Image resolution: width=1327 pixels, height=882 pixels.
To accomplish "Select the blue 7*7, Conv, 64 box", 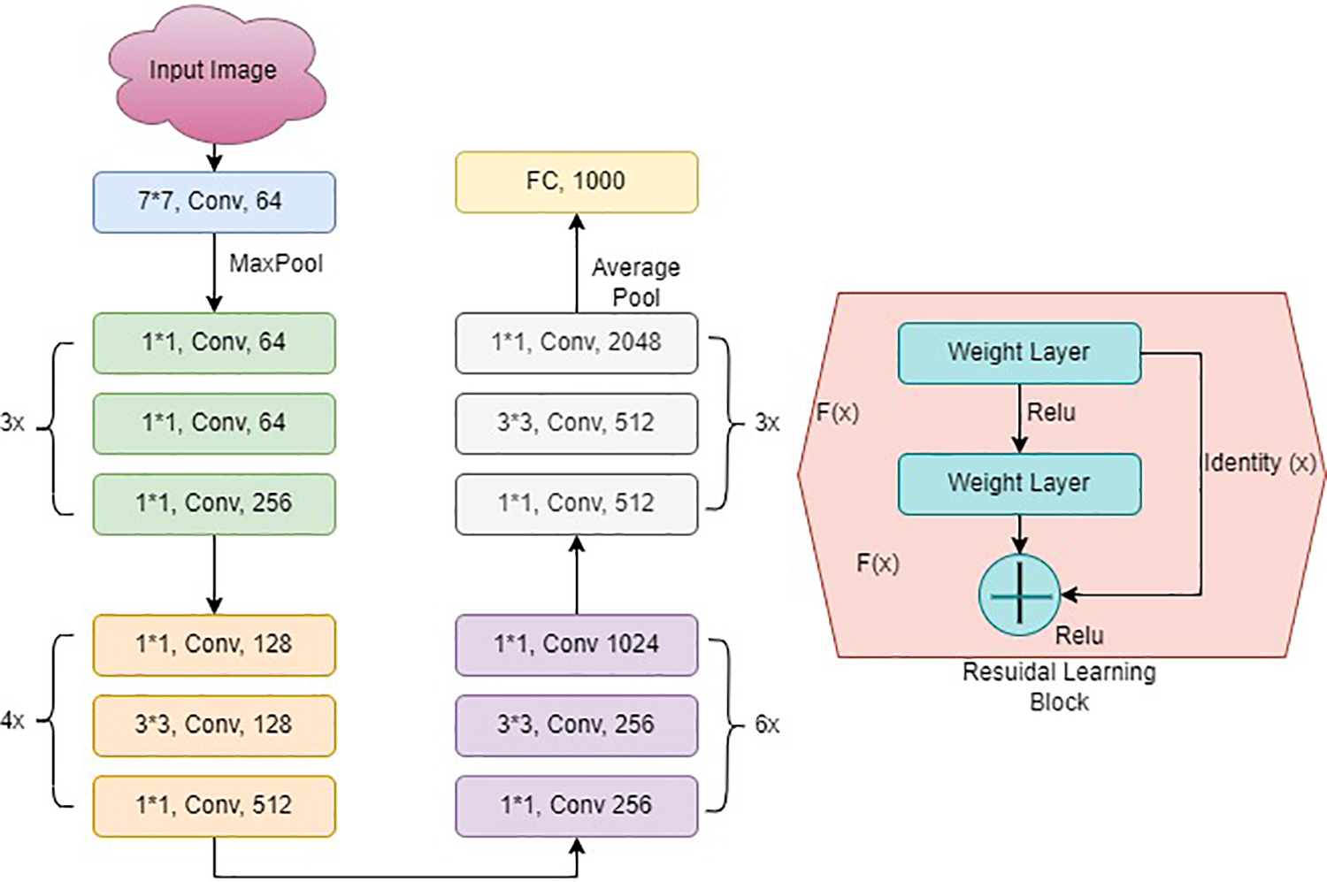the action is point(214,202).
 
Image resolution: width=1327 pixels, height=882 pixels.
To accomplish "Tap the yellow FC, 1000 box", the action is point(577,182).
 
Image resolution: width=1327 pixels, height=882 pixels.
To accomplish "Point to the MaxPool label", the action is point(276,264).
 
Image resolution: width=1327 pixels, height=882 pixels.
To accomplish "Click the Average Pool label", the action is point(636,282).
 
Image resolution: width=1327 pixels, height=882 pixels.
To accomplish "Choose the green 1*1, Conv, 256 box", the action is point(214,504).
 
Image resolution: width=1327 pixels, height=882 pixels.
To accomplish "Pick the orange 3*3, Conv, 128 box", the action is point(214,725).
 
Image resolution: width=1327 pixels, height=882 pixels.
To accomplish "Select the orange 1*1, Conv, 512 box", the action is point(214,806).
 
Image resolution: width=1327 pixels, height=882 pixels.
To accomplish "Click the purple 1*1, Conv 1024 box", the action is point(577,645).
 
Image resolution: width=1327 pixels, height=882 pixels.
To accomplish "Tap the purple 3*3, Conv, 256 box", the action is point(577,725).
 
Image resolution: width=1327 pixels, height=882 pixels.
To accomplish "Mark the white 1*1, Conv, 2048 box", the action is point(577,343).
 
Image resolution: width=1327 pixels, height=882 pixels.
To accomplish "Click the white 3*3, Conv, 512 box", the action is point(577,424).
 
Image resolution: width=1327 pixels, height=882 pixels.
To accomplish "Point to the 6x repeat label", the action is point(767,725).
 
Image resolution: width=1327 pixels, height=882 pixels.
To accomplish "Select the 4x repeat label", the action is point(12,721).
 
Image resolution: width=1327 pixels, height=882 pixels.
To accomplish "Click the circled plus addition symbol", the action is point(1019,595).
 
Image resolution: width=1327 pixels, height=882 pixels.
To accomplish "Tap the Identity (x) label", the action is point(1260,464).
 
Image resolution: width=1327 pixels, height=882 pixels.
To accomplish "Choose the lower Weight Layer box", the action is point(1019,484).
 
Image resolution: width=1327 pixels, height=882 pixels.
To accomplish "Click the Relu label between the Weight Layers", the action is point(1051,412).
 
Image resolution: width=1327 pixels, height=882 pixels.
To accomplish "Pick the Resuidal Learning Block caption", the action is point(1059,687).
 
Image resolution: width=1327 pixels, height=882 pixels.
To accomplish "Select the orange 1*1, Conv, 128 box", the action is point(214,645).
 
